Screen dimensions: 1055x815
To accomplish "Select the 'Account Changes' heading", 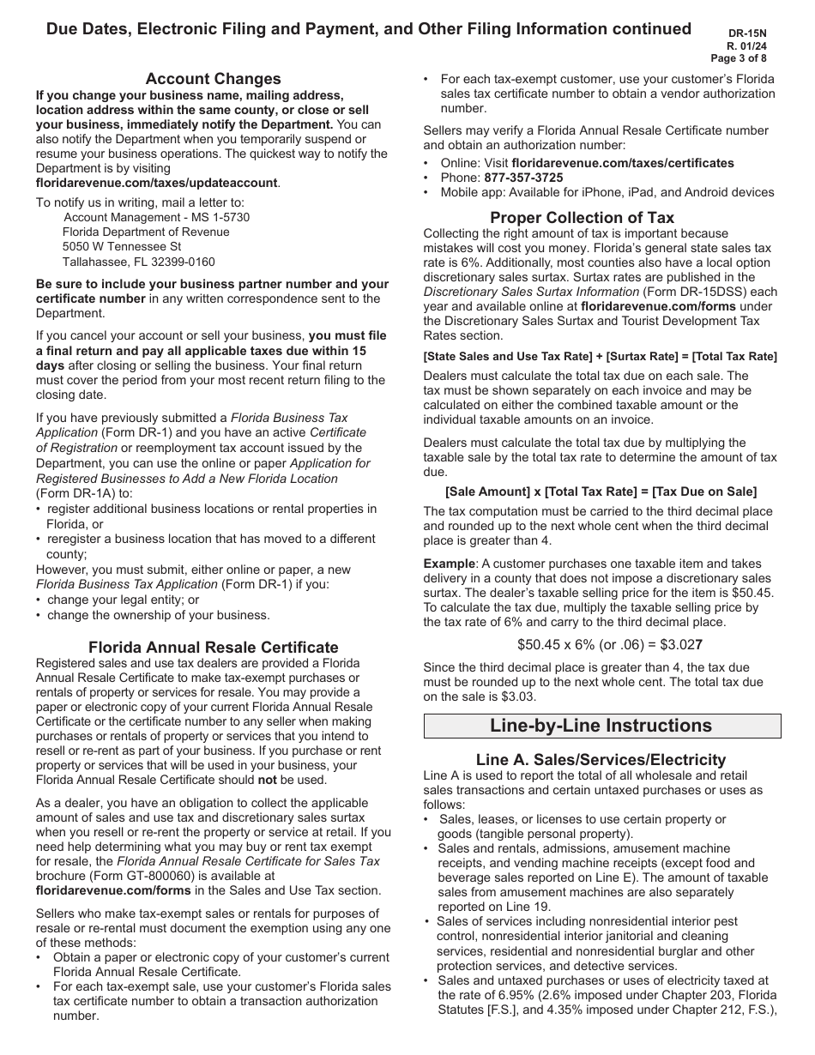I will (x=213, y=79).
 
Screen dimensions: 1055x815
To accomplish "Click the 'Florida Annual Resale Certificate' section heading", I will (x=213, y=647).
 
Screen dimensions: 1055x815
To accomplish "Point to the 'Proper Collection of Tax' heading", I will (x=582, y=217).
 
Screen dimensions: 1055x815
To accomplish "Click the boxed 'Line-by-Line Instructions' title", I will (x=601, y=726).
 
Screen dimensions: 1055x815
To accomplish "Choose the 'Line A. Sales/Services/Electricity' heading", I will (x=601, y=759).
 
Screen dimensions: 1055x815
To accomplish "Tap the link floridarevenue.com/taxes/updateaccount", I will (x=157, y=183).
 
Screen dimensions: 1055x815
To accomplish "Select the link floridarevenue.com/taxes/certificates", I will (x=623, y=163).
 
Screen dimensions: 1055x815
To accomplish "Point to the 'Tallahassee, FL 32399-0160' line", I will (x=139, y=262).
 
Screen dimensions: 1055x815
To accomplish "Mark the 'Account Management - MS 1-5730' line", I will (x=157, y=218).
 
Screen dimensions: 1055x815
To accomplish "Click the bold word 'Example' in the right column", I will (x=449, y=564).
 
